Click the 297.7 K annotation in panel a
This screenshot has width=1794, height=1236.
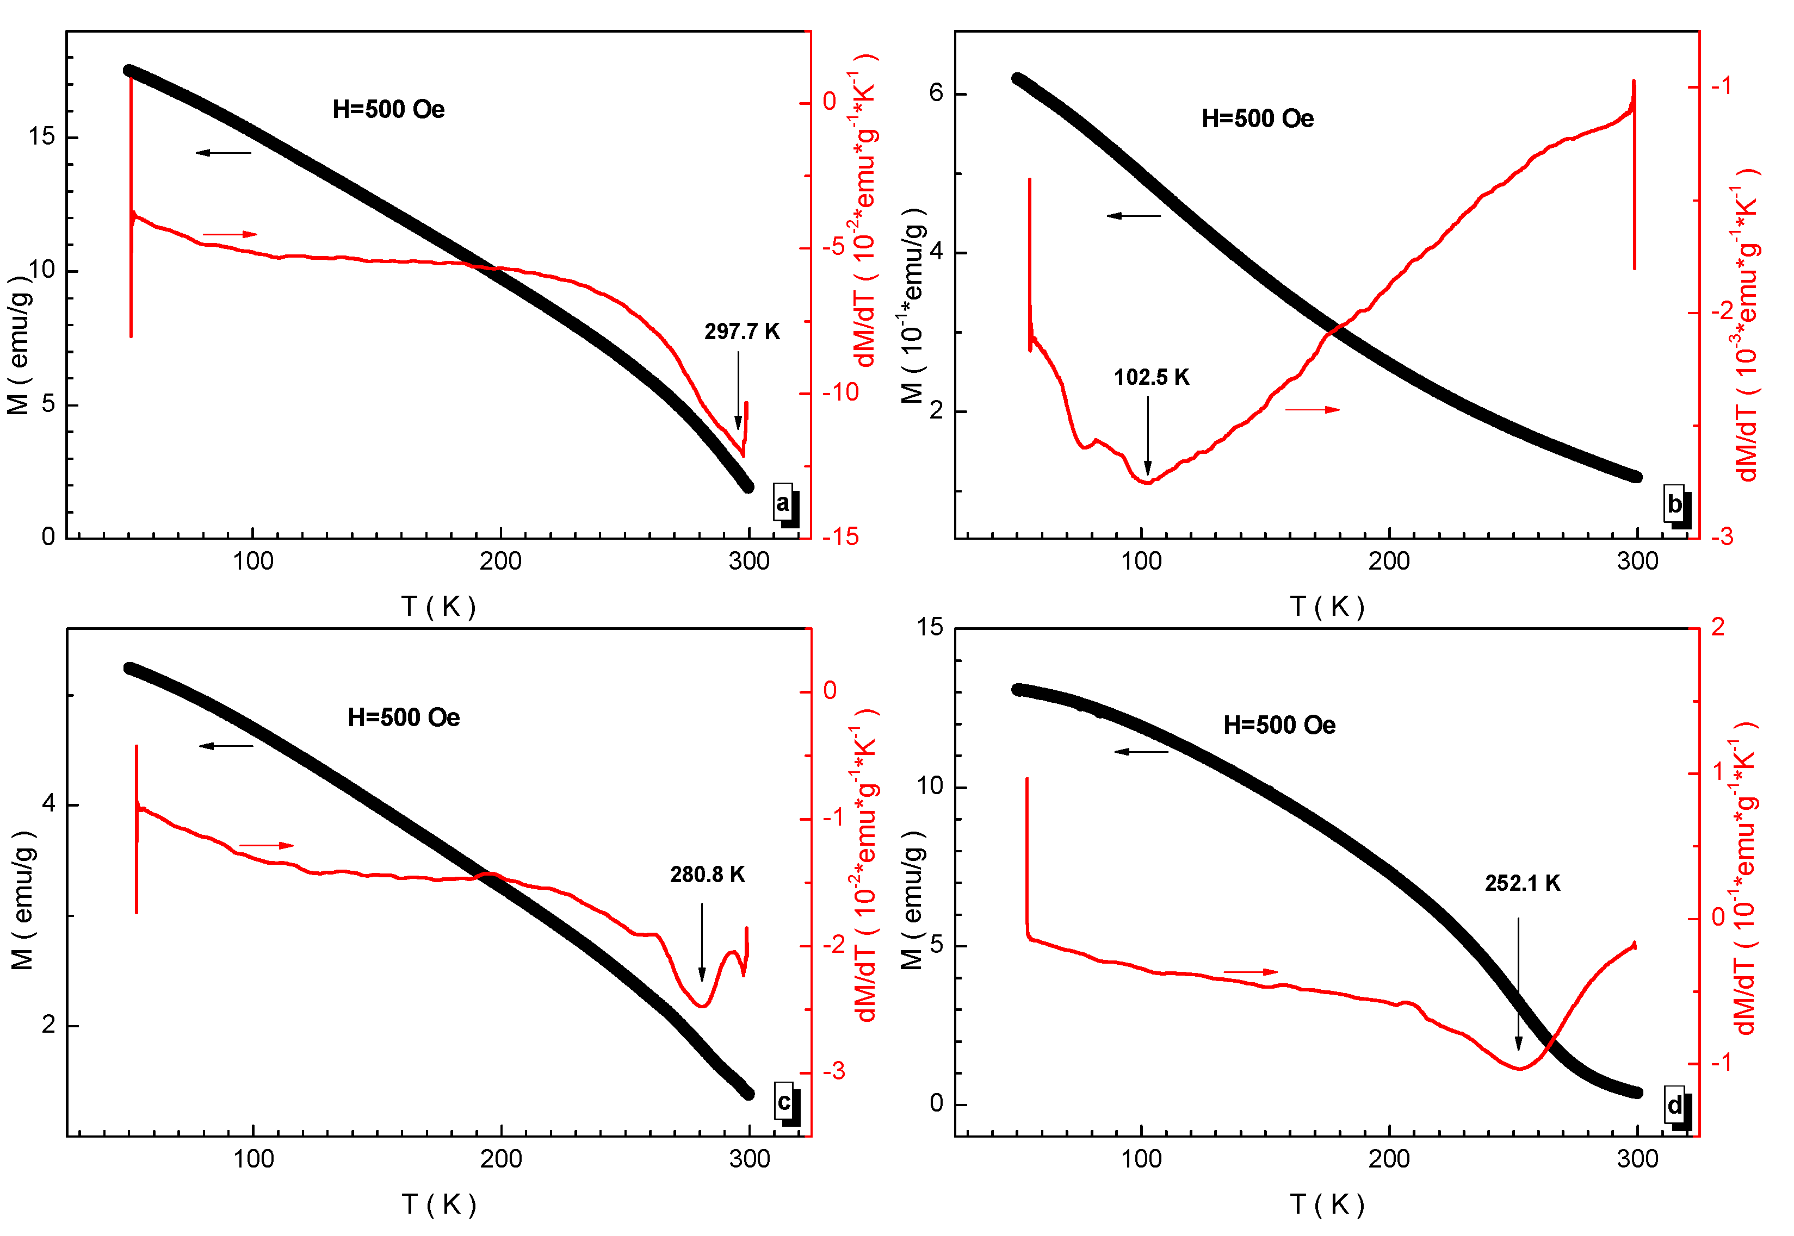[x=741, y=332]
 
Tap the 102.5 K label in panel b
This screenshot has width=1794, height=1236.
[x=1151, y=378]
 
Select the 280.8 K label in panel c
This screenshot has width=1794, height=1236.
[x=707, y=875]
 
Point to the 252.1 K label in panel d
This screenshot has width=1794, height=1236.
[x=1522, y=884]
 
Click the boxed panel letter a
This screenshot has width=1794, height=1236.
[x=783, y=503]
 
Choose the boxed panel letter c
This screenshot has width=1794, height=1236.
[x=783, y=1101]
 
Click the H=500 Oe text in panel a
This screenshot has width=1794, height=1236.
[x=388, y=110]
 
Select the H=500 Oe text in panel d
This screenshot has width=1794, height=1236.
[x=1279, y=726]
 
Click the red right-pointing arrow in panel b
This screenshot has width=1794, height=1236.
[x=1312, y=410]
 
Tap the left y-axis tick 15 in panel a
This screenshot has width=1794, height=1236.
[x=42, y=137]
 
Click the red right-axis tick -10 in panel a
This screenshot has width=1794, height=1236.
[x=841, y=392]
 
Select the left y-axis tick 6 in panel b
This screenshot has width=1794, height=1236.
[x=936, y=93]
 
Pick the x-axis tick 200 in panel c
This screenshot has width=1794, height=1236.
[x=500, y=1159]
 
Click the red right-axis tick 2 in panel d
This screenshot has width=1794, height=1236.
[x=1717, y=627]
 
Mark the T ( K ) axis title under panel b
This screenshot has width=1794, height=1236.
[x=1327, y=607]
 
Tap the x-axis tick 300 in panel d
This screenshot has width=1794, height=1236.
[x=1637, y=1159]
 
